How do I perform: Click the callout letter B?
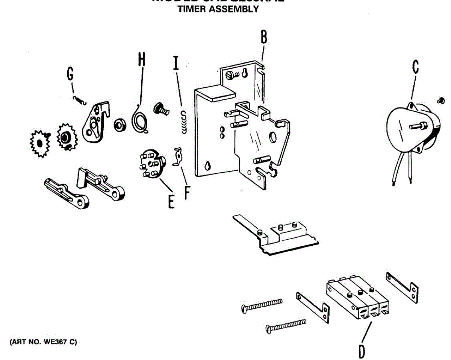click(264, 38)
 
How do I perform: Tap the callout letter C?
click(415, 67)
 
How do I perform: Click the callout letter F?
click(187, 191)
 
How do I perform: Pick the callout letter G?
click(70, 74)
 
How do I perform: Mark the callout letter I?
click(176, 62)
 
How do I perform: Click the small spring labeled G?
click(80, 100)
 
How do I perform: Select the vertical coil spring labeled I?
click(183, 123)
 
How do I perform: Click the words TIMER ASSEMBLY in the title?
click(218, 10)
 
